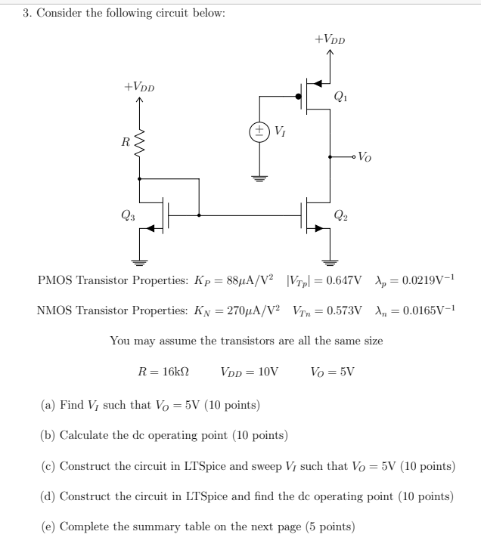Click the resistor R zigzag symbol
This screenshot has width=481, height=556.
[x=139, y=141]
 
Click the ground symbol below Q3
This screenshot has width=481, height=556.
[x=139, y=262]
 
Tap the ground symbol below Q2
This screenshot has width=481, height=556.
[x=330, y=262]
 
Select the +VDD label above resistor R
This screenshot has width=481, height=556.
[x=139, y=87]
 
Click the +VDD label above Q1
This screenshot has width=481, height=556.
[x=330, y=38]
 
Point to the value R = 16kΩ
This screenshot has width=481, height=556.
[x=163, y=372]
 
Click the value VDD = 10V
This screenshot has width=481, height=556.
[x=250, y=372]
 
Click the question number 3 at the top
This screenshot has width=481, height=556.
[x=26, y=15]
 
